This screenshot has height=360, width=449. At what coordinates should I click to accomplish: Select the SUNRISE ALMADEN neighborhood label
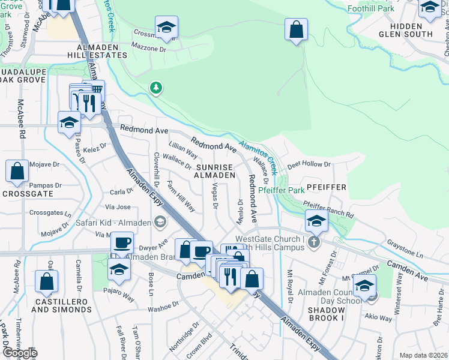tap(214, 170)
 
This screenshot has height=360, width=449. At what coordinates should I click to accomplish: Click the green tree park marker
tap(156, 88)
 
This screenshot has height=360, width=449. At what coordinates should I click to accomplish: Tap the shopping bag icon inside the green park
tap(296, 30)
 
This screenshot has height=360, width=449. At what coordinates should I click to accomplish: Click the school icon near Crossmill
tap(166, 28)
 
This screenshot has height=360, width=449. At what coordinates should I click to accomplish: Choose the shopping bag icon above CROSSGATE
tap(17, 171)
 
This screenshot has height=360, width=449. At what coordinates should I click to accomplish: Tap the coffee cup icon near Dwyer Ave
tap(122, 243)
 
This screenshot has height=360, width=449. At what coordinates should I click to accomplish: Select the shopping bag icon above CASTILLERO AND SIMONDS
tap(46, 282)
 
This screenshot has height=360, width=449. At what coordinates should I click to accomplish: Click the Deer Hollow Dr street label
tap(309, 164)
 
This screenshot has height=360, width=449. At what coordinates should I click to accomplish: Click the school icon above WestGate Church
tap(316, 221)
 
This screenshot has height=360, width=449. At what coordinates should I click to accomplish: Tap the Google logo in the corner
tap(20, 353)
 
